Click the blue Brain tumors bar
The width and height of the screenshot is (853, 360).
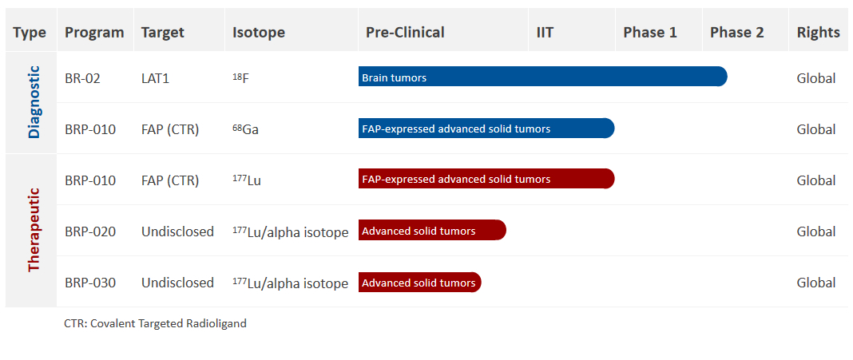542,77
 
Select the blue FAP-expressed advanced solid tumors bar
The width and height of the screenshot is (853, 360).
486,129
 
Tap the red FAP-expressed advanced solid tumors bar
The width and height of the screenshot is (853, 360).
486,179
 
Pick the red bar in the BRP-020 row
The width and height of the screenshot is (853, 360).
432,230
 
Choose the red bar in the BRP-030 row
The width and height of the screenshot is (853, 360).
420,283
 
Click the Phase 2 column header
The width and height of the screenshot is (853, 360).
736,33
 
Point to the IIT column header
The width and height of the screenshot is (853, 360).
545,33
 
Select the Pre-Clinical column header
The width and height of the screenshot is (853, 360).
405,33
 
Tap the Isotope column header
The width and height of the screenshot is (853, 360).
259,33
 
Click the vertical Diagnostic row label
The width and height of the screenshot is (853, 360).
34,101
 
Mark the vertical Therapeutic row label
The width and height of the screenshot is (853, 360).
34,229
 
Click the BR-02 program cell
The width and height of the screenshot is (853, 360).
83,78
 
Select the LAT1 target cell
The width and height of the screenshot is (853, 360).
156,78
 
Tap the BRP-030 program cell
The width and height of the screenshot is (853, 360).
90,283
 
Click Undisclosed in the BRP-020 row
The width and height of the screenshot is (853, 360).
177,231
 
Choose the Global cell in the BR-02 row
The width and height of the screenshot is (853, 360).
816,78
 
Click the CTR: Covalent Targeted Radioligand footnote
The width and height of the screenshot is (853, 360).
155,323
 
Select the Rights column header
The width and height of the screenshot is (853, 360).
818,33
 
